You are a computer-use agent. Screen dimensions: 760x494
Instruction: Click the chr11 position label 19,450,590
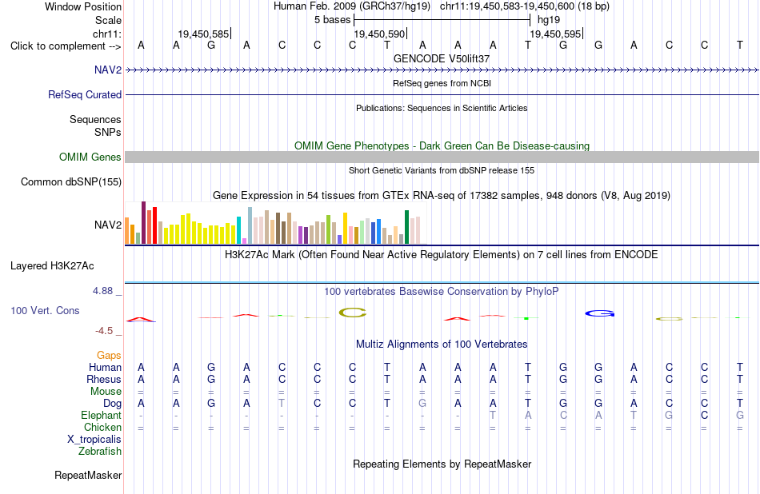(379, 34)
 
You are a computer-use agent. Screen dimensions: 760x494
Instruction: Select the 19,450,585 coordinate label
(203, 34)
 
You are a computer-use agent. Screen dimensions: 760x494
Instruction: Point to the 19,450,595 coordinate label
(555, 34)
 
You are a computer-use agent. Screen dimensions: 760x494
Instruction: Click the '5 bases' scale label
(332, 20)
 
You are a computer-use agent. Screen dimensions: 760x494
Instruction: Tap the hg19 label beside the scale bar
(549, 20)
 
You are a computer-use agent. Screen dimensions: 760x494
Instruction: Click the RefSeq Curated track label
(85, 94)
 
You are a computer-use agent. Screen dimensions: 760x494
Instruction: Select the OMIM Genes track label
(90, 157)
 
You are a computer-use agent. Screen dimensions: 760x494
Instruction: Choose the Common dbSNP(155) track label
(71, 182)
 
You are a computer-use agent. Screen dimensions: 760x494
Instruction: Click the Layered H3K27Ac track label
(52, 266)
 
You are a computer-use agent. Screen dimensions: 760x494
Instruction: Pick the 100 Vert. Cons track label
(45, 310)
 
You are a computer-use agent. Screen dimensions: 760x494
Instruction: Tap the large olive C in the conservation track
(352, 313)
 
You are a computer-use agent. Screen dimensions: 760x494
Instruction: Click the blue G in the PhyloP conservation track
(600, 313)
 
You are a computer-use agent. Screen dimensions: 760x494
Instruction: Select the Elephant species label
(102, 416)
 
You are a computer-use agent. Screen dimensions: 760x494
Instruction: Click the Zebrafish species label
(100, 452)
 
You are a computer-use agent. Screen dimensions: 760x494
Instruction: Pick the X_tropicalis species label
(94, 440)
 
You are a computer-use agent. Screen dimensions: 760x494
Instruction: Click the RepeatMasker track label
(88, 475)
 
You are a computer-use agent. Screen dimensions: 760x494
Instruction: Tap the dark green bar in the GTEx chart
(406, 227)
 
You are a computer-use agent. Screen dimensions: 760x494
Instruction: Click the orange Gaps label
(109, 356)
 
